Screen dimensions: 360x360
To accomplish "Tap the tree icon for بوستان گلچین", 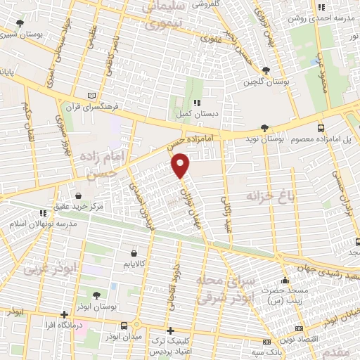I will (x=266, y=70).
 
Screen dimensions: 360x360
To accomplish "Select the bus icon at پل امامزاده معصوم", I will (x=321, y=129).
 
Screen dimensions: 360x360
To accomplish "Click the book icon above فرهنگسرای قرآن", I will (x=91, y=96).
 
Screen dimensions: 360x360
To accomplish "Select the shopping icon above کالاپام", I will (x=134, y=252).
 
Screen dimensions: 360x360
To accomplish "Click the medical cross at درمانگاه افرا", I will (x=65, y=314).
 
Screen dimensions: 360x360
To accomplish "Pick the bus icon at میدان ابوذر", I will (x=124, y=325).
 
